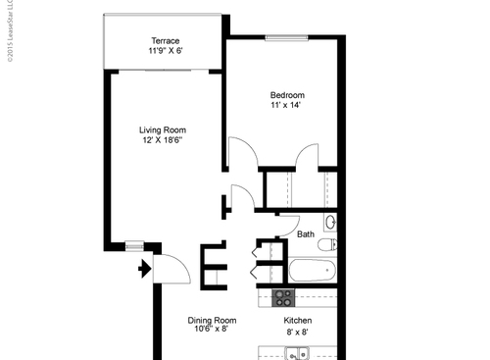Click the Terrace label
[x=165, y=40]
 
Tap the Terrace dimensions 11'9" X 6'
[x=165, y=51]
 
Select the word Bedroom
[x=287, y=95]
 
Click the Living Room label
[x=163, y=130]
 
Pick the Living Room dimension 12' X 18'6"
[x=163, y=141]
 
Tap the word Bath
[x=306, y=234]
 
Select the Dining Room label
[x=213, y=321]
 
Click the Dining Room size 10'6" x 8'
[x=213, y=331]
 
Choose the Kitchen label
[x=298, y=321]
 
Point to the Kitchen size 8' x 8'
[x=298, y=332]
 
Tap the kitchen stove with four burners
[x=282, y=296]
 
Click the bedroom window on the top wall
[x=283, y=37]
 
